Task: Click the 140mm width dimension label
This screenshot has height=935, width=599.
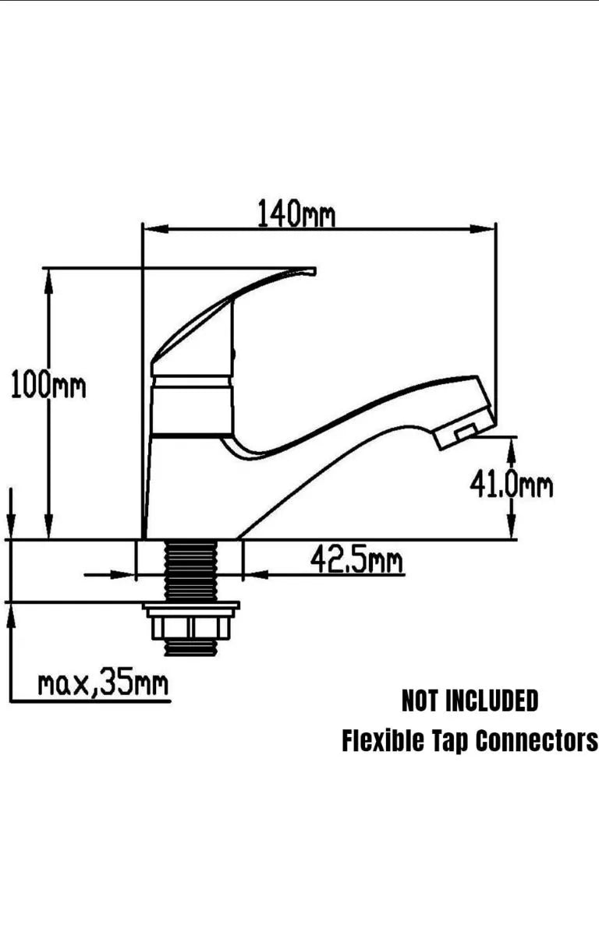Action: coord(296,213)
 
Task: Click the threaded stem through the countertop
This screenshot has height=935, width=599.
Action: coord(191,570)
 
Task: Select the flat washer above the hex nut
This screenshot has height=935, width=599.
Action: coord(191,605)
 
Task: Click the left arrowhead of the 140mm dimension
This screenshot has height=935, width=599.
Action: coord(155,229)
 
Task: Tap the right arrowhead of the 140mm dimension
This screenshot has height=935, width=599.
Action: coord(483,229)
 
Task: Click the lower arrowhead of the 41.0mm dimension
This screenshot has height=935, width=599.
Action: coord(512,526)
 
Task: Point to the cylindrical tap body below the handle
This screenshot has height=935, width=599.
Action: coord(193,405)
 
